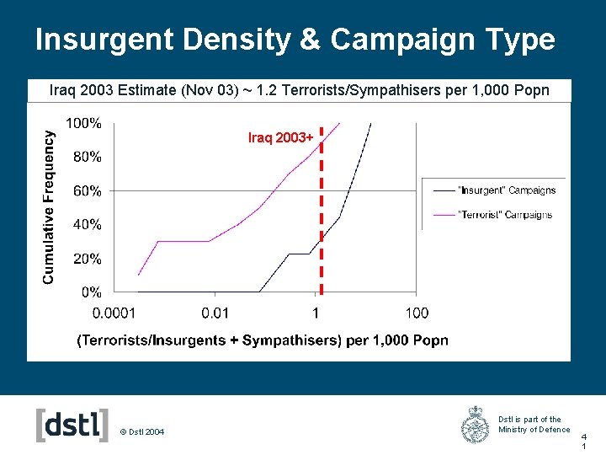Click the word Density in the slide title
(237, 40)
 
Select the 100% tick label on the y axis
(83, 123)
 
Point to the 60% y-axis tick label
(88, 190)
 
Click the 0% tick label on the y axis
(92, 292)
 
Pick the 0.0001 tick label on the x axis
(114, 313)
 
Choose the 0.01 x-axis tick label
(215, 313)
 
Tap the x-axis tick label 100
(417, 313)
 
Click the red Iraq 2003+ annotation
(280, 137)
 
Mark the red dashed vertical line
(322, 211)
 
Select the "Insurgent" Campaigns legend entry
(495, 190)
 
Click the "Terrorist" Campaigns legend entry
(493, 215)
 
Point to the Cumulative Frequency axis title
(48, 207)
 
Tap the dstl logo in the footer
(72, 425)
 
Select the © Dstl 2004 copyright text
(142, 431)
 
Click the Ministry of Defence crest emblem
(475, 425)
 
